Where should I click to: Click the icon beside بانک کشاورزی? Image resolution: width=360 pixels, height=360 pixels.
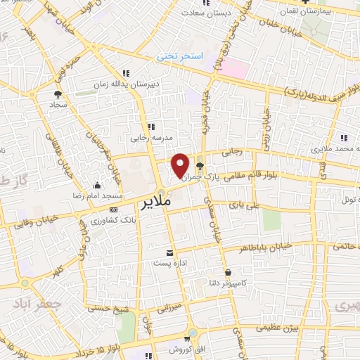[x=113, y=210]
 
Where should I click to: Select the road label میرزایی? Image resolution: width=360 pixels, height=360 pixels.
[x=169, y=307]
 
